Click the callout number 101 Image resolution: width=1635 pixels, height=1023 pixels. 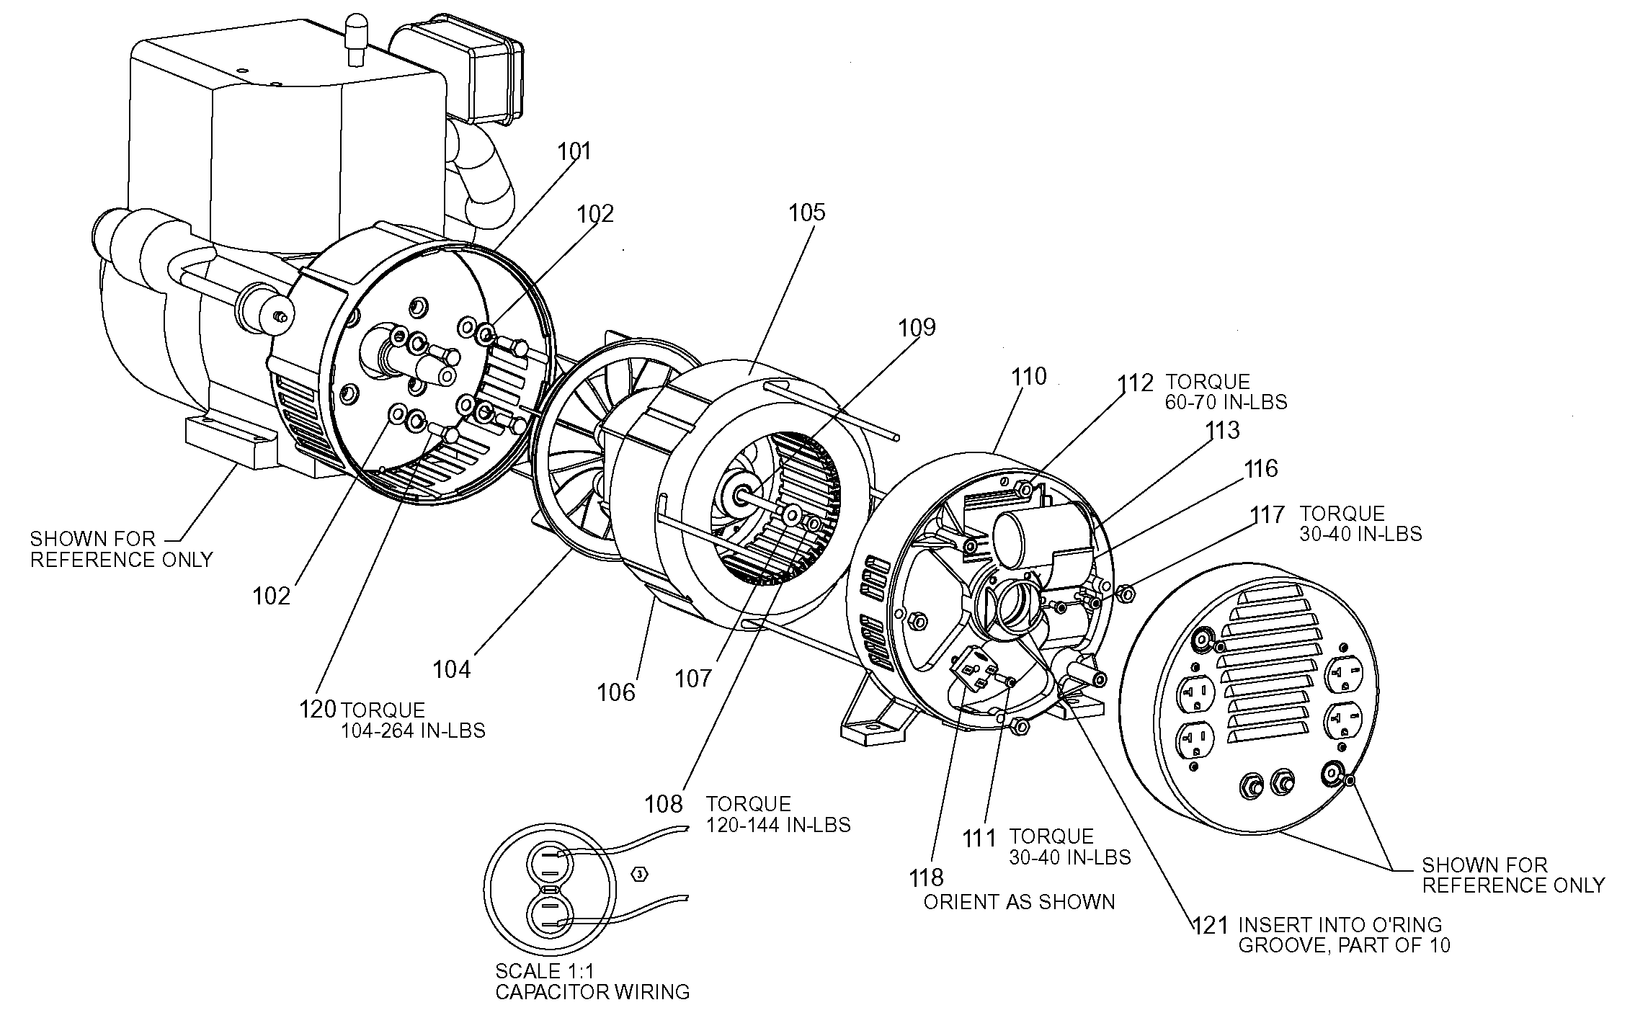[574, 151]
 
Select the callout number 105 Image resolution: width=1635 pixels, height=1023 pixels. [806, 213]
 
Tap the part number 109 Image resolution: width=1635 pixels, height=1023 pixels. [917, 328]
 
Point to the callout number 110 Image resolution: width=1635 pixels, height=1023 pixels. [1028, 376]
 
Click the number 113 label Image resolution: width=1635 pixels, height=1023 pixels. [1222, 430]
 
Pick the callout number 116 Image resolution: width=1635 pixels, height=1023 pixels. [1260, 469]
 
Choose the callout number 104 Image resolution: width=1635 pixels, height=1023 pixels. [452, 670]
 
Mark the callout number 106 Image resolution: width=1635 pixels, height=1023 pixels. [616, 692]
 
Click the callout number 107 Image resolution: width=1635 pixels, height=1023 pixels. [693, 678]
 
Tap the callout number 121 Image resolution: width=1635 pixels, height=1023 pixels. [1210, 924]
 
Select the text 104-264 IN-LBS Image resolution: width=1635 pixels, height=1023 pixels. [413, 731]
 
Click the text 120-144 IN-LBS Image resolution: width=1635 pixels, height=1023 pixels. [778, 825]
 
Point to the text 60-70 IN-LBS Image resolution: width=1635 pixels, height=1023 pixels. [1226, 401]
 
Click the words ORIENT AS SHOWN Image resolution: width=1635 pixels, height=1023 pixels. [1019, 902]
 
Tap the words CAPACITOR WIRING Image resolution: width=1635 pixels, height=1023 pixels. [592, 992]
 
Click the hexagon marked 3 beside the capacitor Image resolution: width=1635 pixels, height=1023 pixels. [640, 875]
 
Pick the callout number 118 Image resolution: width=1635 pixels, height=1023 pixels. [926, 877]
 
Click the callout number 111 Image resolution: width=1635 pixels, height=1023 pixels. [980, 838]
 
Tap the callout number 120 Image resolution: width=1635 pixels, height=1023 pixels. [318, 709]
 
